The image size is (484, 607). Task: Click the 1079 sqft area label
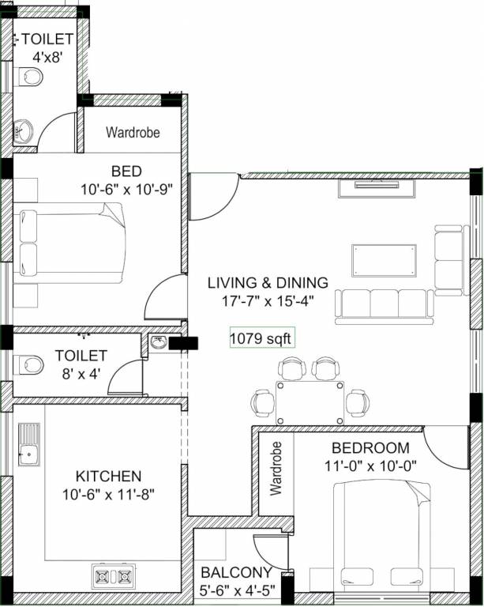coord(261,339)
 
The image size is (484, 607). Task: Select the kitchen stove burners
coord(114,575)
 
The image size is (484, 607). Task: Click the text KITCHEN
coord(108,476)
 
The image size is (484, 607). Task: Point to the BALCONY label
coord(236,572)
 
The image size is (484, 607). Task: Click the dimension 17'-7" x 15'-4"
coord(268,301)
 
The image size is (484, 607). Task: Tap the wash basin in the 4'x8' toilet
coord(24,130)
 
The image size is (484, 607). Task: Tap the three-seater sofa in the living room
coord(385,304)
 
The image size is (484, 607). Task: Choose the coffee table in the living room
coord(385,260)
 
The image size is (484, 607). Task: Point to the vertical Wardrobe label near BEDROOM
coord(276,468)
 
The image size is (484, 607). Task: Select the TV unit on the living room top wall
coord(377,187)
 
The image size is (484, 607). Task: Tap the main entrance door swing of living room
coord(212,198)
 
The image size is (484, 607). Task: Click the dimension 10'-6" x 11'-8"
coord(108,496)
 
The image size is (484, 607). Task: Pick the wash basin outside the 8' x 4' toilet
coord(158,343)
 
